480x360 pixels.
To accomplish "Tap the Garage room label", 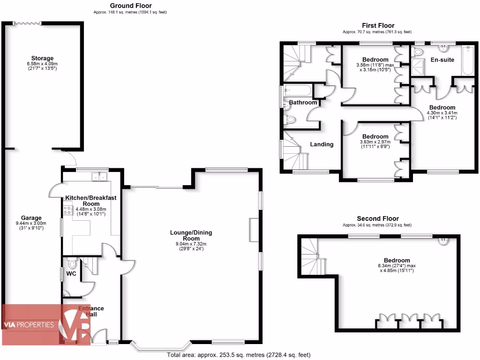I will (x=31, y=218).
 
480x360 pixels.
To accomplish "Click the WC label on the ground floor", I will (x=72, y=273).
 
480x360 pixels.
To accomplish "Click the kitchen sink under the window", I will (x=99, y=177).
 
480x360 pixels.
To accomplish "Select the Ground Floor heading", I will (x=124, y=6).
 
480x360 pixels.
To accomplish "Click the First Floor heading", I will (x=378, y=26).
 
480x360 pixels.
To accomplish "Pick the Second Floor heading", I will (x=378, y=218).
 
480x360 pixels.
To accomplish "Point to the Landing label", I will (x=322, y=144).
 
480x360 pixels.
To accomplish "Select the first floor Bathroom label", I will (x=303, y=102).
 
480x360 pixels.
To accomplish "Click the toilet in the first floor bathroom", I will (x=290, y=120).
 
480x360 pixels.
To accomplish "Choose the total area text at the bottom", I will (x=239, y=355).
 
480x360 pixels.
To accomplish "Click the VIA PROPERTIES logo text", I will (x=29, y=325).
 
